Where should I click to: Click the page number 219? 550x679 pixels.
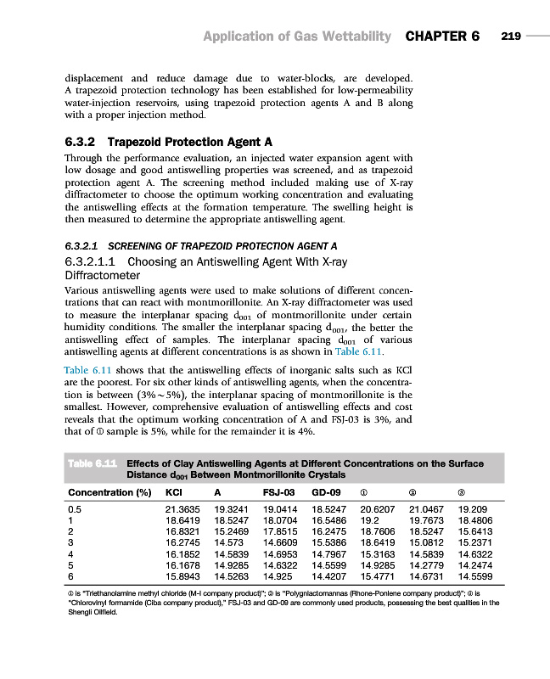tap(511, 36)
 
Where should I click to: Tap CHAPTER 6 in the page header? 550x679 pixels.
tap(443, 36)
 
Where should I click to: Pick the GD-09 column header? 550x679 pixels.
tap(327, 491)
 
